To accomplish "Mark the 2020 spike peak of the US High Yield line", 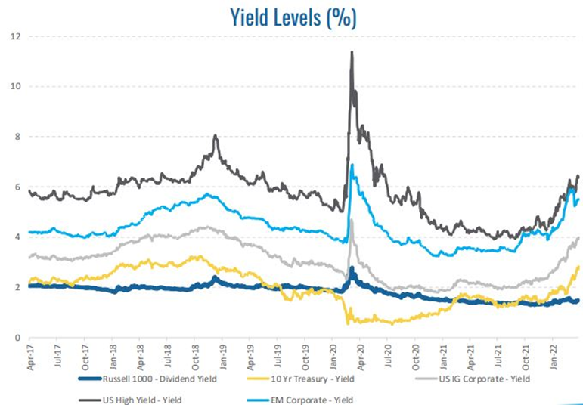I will (x=352, y=52).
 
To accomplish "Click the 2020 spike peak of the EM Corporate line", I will (x=352, y=165).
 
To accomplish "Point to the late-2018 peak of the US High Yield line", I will (x=216, y=136).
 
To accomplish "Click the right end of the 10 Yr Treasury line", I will (x=579, y=266).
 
